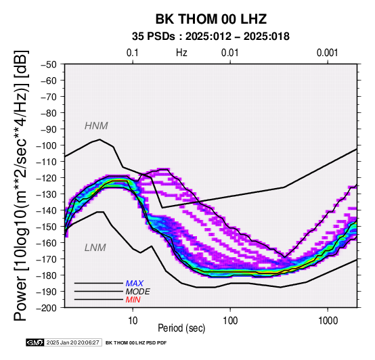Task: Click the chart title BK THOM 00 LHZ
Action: [x=211, y=19]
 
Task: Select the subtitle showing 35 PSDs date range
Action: [x=211, y=37]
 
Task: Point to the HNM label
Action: [x=96, y=126]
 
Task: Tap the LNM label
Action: [x=95, y=248]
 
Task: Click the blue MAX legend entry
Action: [x=135, y=284]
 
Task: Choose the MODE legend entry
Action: [x=138, y=292]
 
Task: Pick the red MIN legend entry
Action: [x=133, y=300]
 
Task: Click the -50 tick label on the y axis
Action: [x=49, y=64]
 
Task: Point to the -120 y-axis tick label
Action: [x=47, y=178]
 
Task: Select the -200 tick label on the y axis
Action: [x=47, y=308]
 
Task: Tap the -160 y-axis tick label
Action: [x=47, y=243]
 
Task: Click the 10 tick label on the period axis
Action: [x=133, y=320]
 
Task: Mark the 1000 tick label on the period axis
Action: [x=328, y=320]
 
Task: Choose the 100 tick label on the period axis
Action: [x=230, y=320]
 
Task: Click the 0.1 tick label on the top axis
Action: [x=133, y=53]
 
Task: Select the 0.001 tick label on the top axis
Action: [x=327, y=53]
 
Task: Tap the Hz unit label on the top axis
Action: [x=181, y=53]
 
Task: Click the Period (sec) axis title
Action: [x=181, y=328]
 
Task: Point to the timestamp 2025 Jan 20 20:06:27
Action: [x=72, y=342]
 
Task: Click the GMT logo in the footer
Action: [x=35, y=342]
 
